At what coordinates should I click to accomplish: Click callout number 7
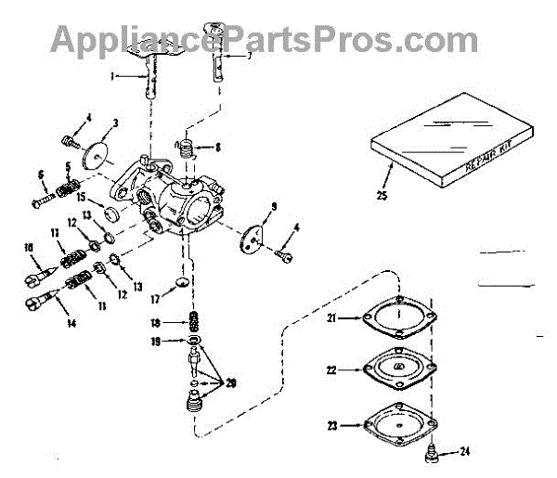point(248,55)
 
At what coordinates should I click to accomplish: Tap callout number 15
point(82,198)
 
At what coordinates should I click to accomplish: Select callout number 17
point(159,299)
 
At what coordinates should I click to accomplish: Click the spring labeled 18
point(195,322)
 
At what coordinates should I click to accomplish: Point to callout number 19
point(159,342)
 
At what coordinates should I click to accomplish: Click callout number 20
point(232,383)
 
